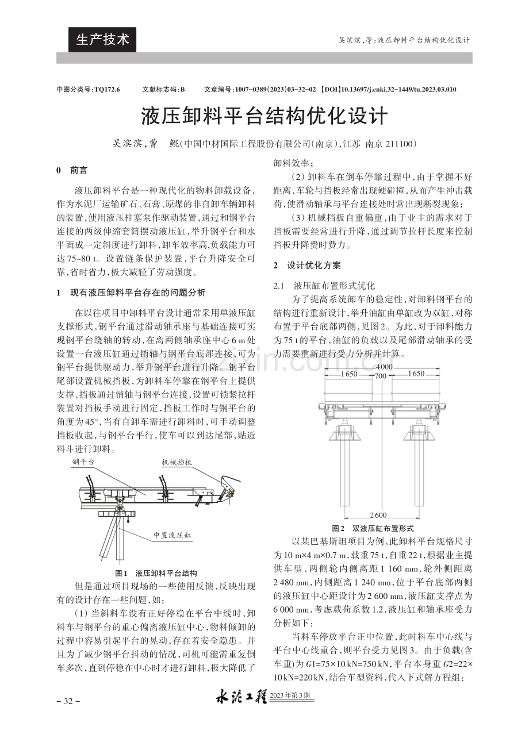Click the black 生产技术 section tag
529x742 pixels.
(102, 40)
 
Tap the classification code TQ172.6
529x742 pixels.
(107, 90)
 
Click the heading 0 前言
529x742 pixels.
(72, 170)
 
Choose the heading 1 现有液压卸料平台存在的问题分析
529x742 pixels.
(131, 293)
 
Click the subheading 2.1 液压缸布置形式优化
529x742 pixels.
(324, 286)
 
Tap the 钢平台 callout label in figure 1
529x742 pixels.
(83, 462)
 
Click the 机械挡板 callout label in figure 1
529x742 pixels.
(177, 463)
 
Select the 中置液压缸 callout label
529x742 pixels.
(172, 535)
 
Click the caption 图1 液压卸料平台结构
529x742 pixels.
(156, 574)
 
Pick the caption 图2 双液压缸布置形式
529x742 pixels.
(373, 528)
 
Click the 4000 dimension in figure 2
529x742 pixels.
(384, 367)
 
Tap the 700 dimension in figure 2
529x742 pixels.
(381, 376)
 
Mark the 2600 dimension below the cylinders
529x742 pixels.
(378, 515)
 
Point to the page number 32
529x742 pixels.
(68, 701)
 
